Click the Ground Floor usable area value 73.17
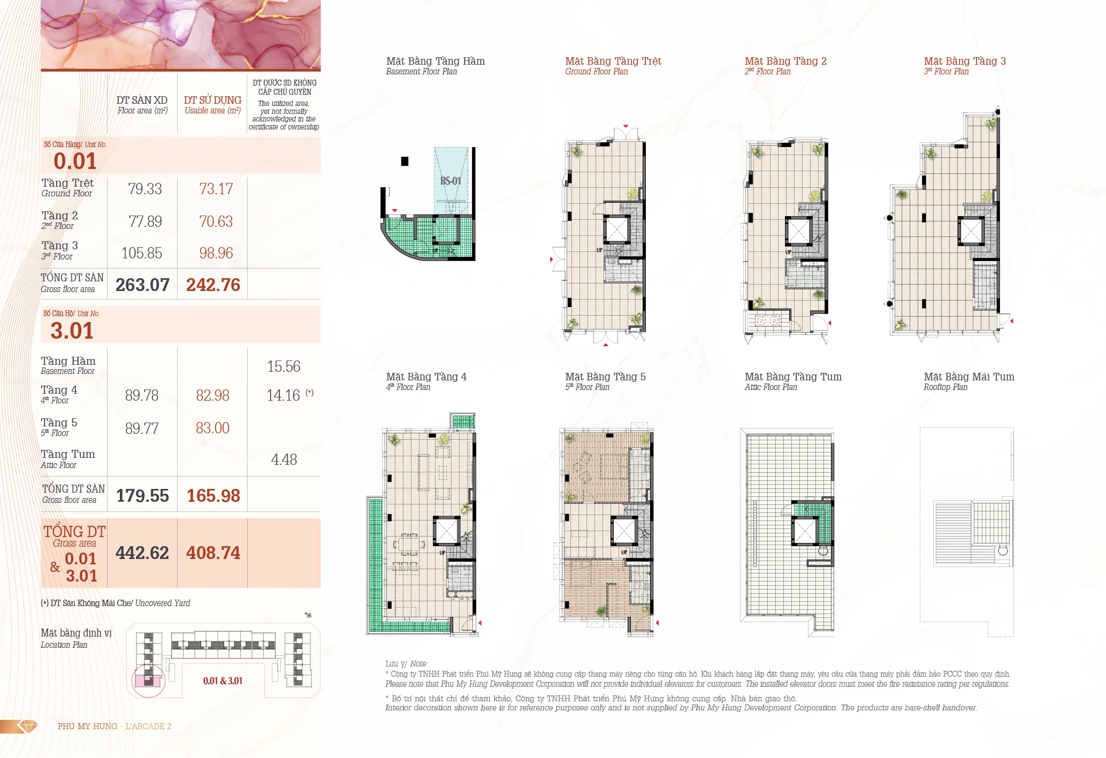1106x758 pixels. click(x=216, y=189)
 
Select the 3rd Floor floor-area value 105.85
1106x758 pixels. click(x=142, y=253)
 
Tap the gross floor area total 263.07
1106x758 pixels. click(x=142, y=285)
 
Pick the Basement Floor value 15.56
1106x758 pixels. click(x=284, y=366)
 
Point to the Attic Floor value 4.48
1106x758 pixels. click(x=284, y=460)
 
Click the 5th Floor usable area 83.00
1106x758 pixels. click(x=212, y=428)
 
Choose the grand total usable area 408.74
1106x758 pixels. click(x=213, y=553)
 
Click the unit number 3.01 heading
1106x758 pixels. click(x=72, y=331)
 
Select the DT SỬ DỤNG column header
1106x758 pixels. click(x=212, y=100)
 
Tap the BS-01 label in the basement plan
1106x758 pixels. click(x=451, y=181)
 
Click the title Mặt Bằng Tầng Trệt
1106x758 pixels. click(x=613, y=61)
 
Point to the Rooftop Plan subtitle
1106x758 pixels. click(x=945, y=387)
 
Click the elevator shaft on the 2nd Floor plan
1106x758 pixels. click(x=799, y=231)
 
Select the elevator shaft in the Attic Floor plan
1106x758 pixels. click(x=804, y=531)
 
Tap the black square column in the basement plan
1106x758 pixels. click(x=405, y=161)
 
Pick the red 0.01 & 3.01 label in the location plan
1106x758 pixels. click(x=223, y=681)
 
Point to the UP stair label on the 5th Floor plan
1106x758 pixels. click(x=624, y=552)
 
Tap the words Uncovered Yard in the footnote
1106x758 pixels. click(x=163, y=603)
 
